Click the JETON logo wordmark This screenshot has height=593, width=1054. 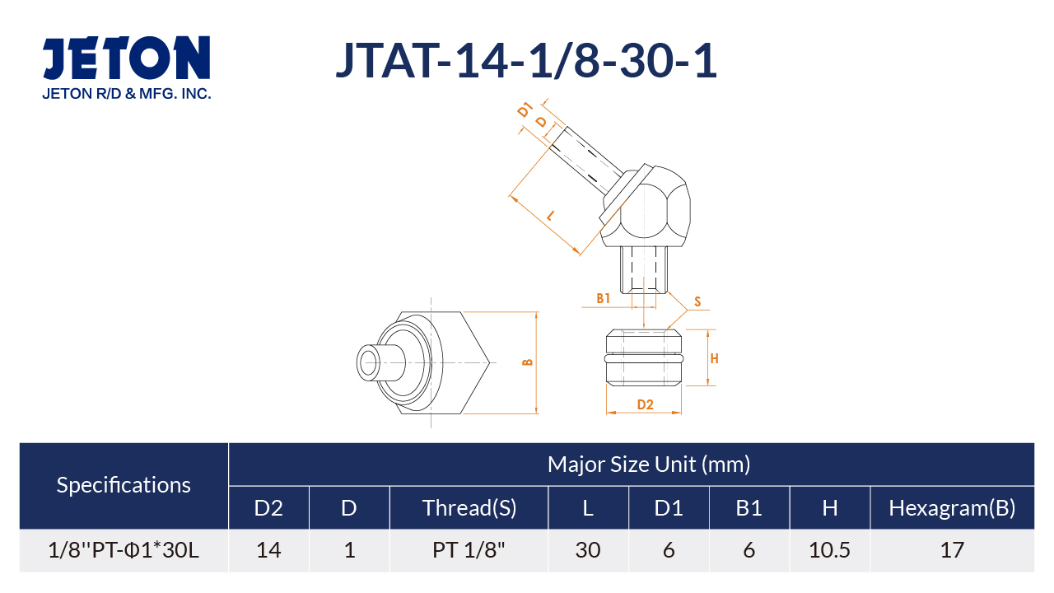(126, 58)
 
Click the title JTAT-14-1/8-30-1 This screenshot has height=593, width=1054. (526, 61)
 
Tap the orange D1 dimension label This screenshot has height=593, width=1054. (525, 110)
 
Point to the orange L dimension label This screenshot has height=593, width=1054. (550, 216)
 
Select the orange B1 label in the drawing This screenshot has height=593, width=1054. (604, 298)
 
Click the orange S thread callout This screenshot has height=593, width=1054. (697, 301)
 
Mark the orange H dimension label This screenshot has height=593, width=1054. (714, 358)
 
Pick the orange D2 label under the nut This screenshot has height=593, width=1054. (645, 404)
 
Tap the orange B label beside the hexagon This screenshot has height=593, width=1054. (528, 362)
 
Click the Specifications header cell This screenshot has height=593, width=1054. (124, 485)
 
